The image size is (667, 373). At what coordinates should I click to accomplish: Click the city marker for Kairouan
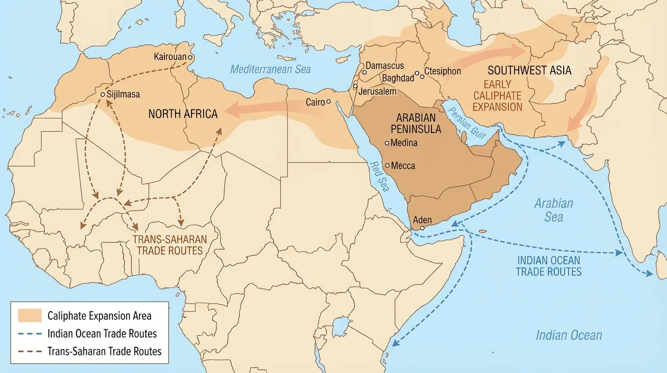click(x=191, y=57)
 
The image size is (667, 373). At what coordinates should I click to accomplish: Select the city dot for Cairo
click(x=329, y=102)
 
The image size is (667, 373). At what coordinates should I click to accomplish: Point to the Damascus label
click(x=384, y=66)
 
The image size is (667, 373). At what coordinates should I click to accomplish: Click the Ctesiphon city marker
click(x=422, y=77)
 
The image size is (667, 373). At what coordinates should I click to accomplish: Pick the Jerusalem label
click(x=378, y=91)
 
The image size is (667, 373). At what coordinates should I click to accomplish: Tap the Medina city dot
click(x=387, y=143)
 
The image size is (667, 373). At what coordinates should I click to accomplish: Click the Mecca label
click(x=403, y=166)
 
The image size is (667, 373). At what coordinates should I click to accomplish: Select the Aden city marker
click(x=423, y=228)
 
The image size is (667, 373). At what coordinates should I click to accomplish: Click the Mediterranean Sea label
click(x=270, y=69)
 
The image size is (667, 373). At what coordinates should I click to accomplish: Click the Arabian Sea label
click(x=554, y=210)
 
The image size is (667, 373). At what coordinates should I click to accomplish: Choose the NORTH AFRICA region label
click(x=183, y=114)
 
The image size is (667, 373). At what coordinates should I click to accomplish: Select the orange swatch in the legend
click(x=30, y=316)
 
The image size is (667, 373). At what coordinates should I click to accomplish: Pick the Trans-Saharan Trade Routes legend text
click(x=104, y=351)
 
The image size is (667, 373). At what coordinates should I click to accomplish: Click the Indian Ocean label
click(x=569, y=335)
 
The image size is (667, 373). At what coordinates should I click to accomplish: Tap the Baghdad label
click(x=397, y=78)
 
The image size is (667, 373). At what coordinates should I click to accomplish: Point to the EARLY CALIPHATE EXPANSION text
click(x=497, y=96)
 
